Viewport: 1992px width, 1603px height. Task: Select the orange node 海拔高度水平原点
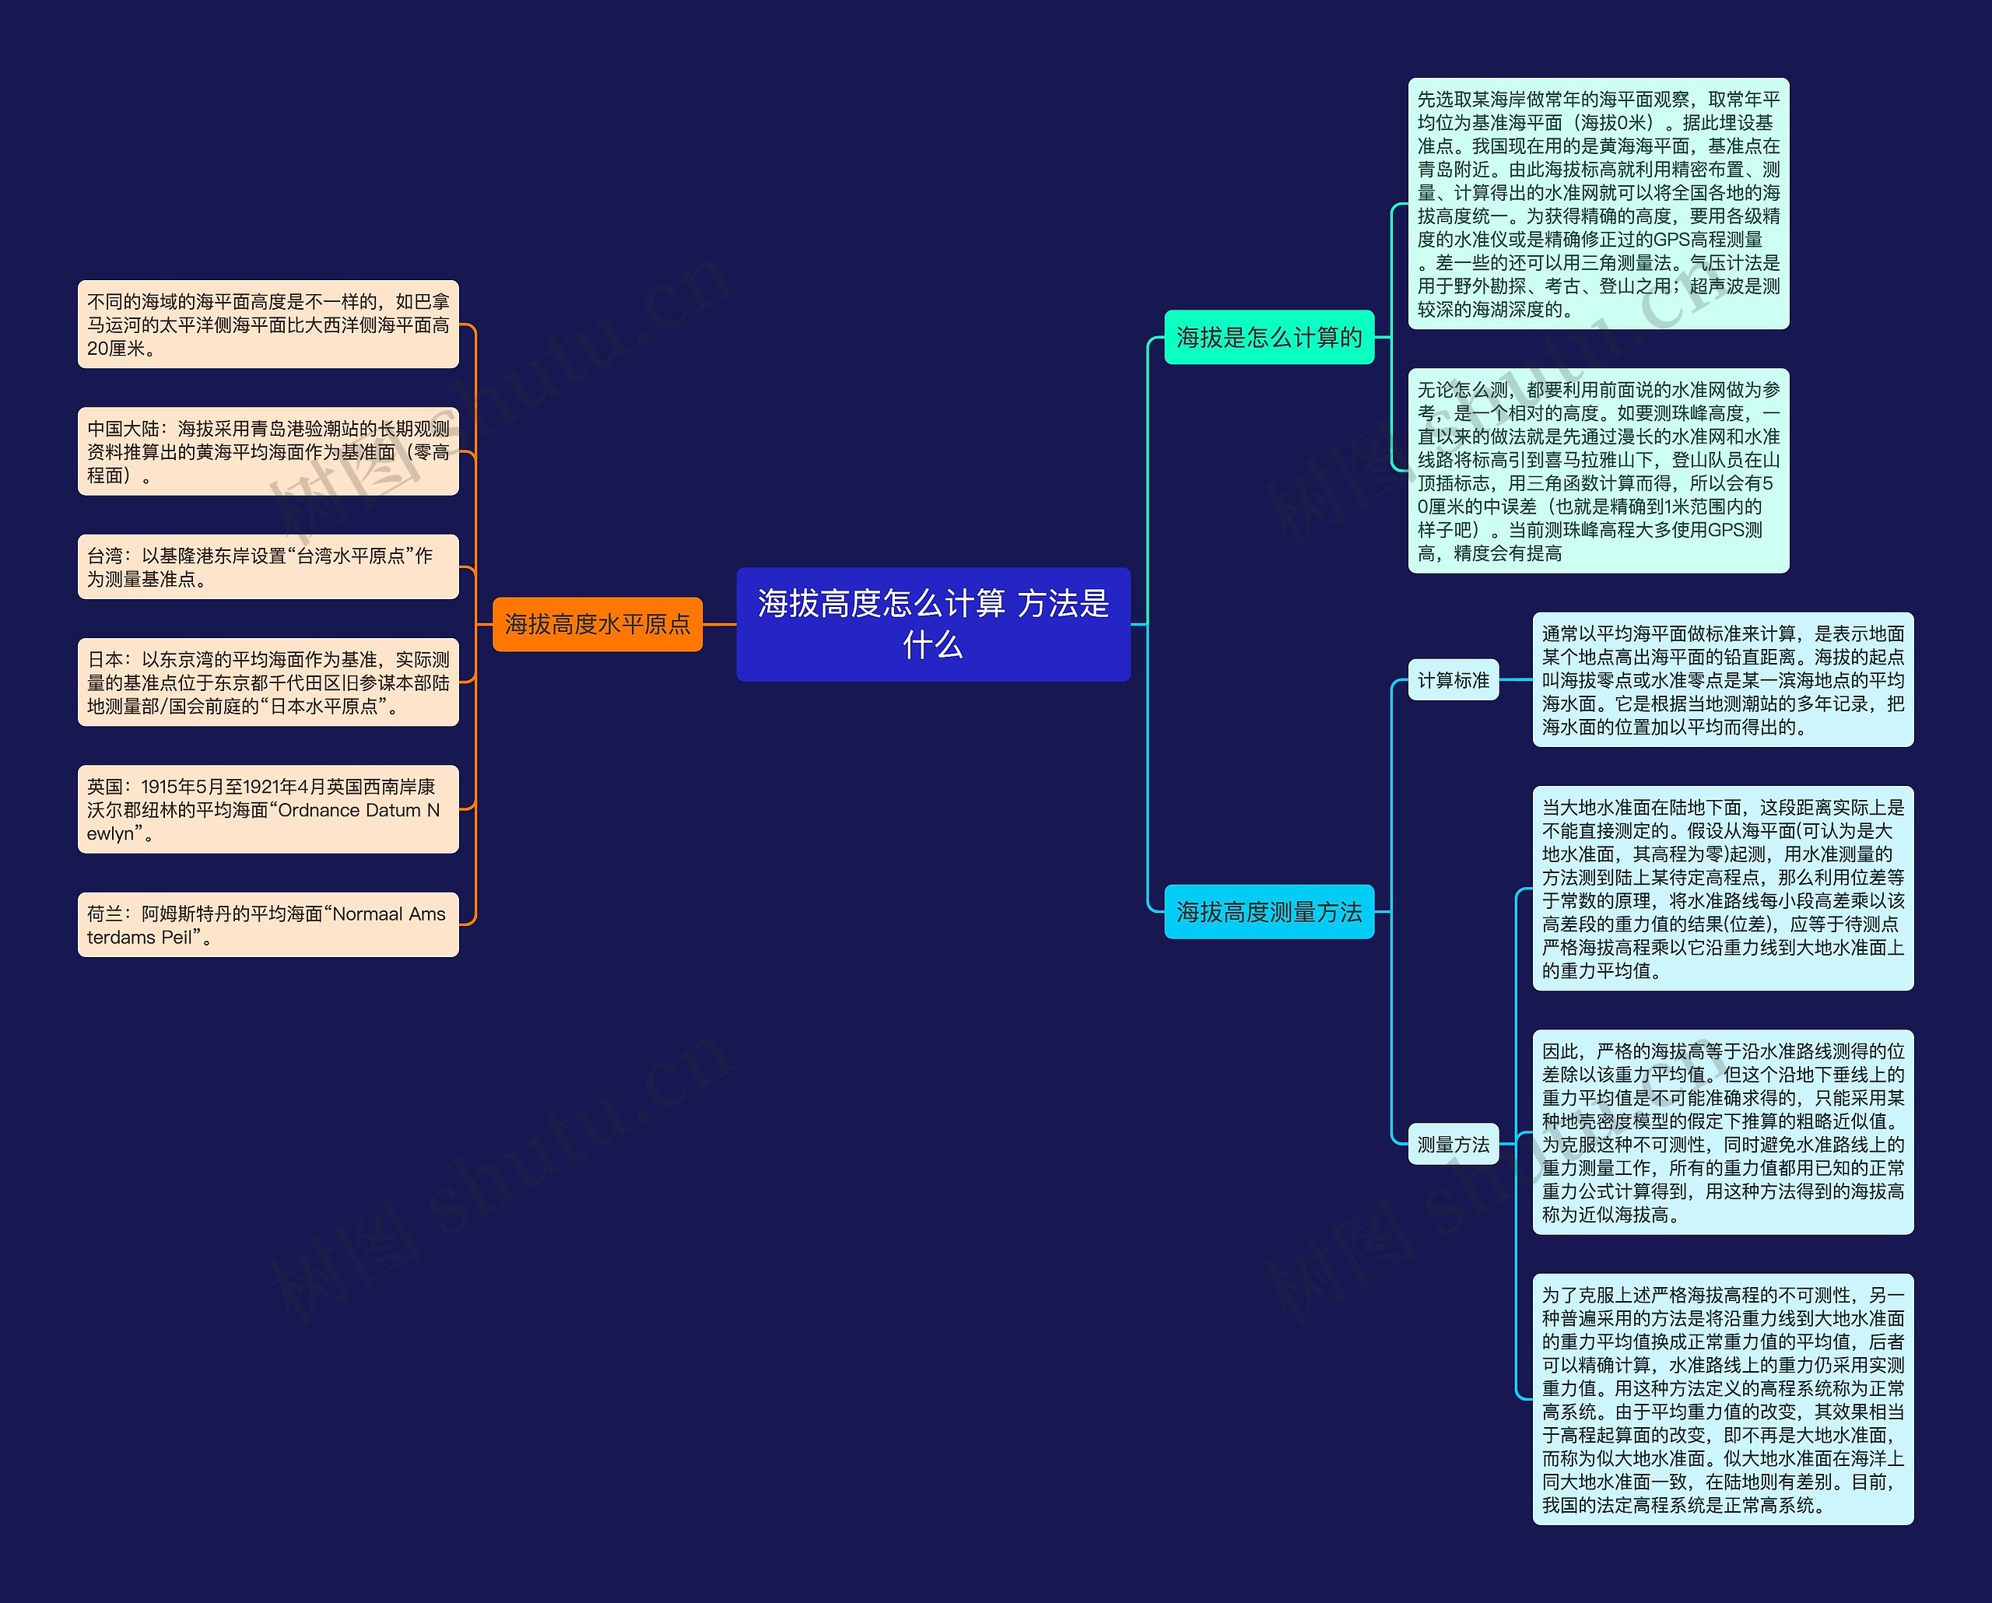(597, 625)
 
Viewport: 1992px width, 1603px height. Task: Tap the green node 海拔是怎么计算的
(1268, 337)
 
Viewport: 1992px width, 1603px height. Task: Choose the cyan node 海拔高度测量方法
(1268, 912)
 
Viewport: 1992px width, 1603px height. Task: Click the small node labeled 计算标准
(1453, 680)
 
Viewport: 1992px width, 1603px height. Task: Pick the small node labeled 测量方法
(1453, 1145)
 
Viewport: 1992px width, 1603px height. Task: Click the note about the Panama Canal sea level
(268, 324)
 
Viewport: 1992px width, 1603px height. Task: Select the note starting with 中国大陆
(268, 452)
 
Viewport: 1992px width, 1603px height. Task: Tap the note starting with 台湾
(268, 566)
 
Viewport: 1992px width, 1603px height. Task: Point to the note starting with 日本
(268, 682)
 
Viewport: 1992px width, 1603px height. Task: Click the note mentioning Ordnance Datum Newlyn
(268, 809)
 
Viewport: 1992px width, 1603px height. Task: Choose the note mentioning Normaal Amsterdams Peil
(268, 925)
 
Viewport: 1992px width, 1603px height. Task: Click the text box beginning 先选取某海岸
(1597, 203)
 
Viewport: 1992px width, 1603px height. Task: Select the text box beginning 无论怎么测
(1597, 472)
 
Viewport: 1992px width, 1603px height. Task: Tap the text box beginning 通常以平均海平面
(1722, 680)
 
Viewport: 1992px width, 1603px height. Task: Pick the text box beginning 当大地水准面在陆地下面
(1722, 889)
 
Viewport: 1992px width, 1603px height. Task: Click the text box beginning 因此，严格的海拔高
(1722, 1131)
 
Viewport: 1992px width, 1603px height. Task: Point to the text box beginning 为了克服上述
(1722, 1399)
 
